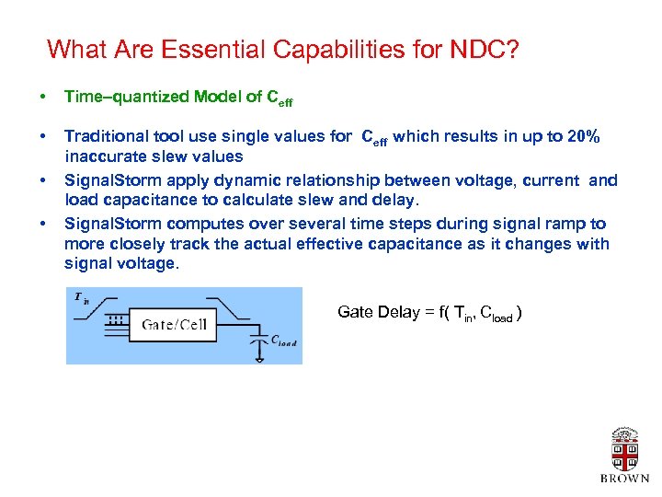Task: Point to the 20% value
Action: pyautogui.click(x=584, y=137)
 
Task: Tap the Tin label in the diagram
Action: pyautogui.click(x=81, y=296)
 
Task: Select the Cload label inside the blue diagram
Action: pyautogui.click(x=284, y=341)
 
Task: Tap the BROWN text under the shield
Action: pyautogui.click(x=624, y=479)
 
